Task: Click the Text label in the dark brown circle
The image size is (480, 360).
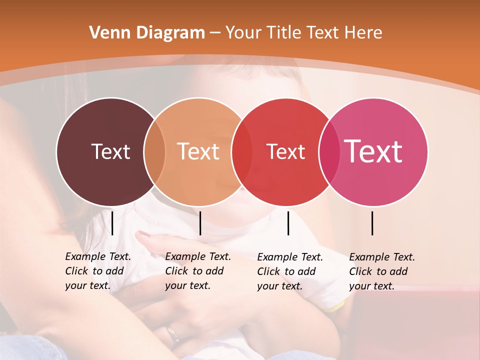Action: pyautogui.click(x=110, y=151)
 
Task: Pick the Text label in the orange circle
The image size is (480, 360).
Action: pyautogui.click(x=198, y=151)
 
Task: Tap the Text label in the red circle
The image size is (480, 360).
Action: pyautogui.click(x=285, y=151)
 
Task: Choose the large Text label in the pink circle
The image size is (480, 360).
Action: pyautogui.click(x=373, y=151)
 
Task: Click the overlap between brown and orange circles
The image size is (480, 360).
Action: pyautogui.click(x=154, y=151)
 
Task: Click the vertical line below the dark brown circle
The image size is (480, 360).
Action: pyautogui.click(x=112, y=223)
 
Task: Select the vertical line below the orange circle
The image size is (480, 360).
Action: pyautogui.click(x=200, y=223)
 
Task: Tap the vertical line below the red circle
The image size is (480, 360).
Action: pyautogui.click(x=288, y=223)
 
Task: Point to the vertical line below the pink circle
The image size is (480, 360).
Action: pyautogui.click(x=372, y=223)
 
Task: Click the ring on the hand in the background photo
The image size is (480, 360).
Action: pyautogui.click(x=173, y=334)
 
